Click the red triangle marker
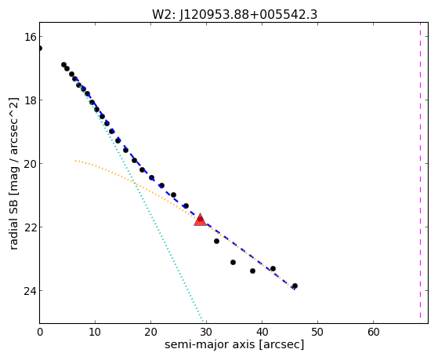coord(201,220)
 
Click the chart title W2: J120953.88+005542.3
coord(234,15)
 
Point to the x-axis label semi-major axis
coord(209,344)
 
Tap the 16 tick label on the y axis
coord(30,37)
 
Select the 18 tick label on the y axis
coord(30,100)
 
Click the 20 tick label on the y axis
coord(30,164)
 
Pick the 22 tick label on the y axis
coord(30,227)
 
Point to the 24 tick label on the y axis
coord(30,291)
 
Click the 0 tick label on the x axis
coord(40,333)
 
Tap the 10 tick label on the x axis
coord(95,333)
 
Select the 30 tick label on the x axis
coord(206,333)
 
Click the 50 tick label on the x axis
coord(317,333)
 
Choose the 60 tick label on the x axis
coord(373,333)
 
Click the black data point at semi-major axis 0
coord(40,49)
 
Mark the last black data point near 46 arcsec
coord(295,285)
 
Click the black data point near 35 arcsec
coord(233,263)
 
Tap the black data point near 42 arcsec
coord(273,269)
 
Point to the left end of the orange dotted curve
coord(75,161)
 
